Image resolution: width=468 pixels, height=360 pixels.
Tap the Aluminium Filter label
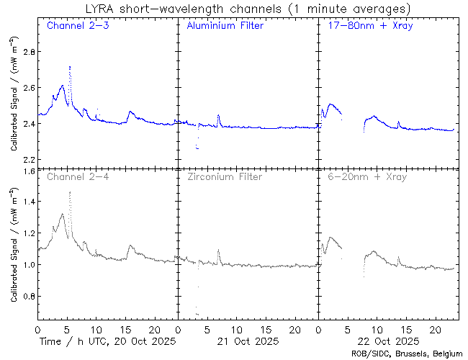[225, 26]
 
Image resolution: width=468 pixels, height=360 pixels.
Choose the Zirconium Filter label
[224, 176]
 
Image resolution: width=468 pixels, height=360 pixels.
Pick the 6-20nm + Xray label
[364, 176]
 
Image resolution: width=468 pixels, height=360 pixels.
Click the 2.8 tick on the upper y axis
[27, 53]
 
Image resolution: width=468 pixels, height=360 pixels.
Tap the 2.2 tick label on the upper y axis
[27, 159]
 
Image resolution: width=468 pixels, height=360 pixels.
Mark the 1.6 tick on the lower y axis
[27, 171]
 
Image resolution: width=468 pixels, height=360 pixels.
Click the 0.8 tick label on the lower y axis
[27, 297]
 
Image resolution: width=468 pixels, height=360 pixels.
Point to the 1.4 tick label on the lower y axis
[27, 202]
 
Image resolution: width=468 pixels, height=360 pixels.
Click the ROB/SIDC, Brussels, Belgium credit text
[406, 354]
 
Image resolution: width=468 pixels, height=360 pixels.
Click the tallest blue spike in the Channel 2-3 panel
[69, 66]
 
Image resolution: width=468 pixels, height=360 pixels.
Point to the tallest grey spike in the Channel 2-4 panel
[69, 192]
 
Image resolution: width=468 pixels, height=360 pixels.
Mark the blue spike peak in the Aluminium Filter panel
[218, 115]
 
